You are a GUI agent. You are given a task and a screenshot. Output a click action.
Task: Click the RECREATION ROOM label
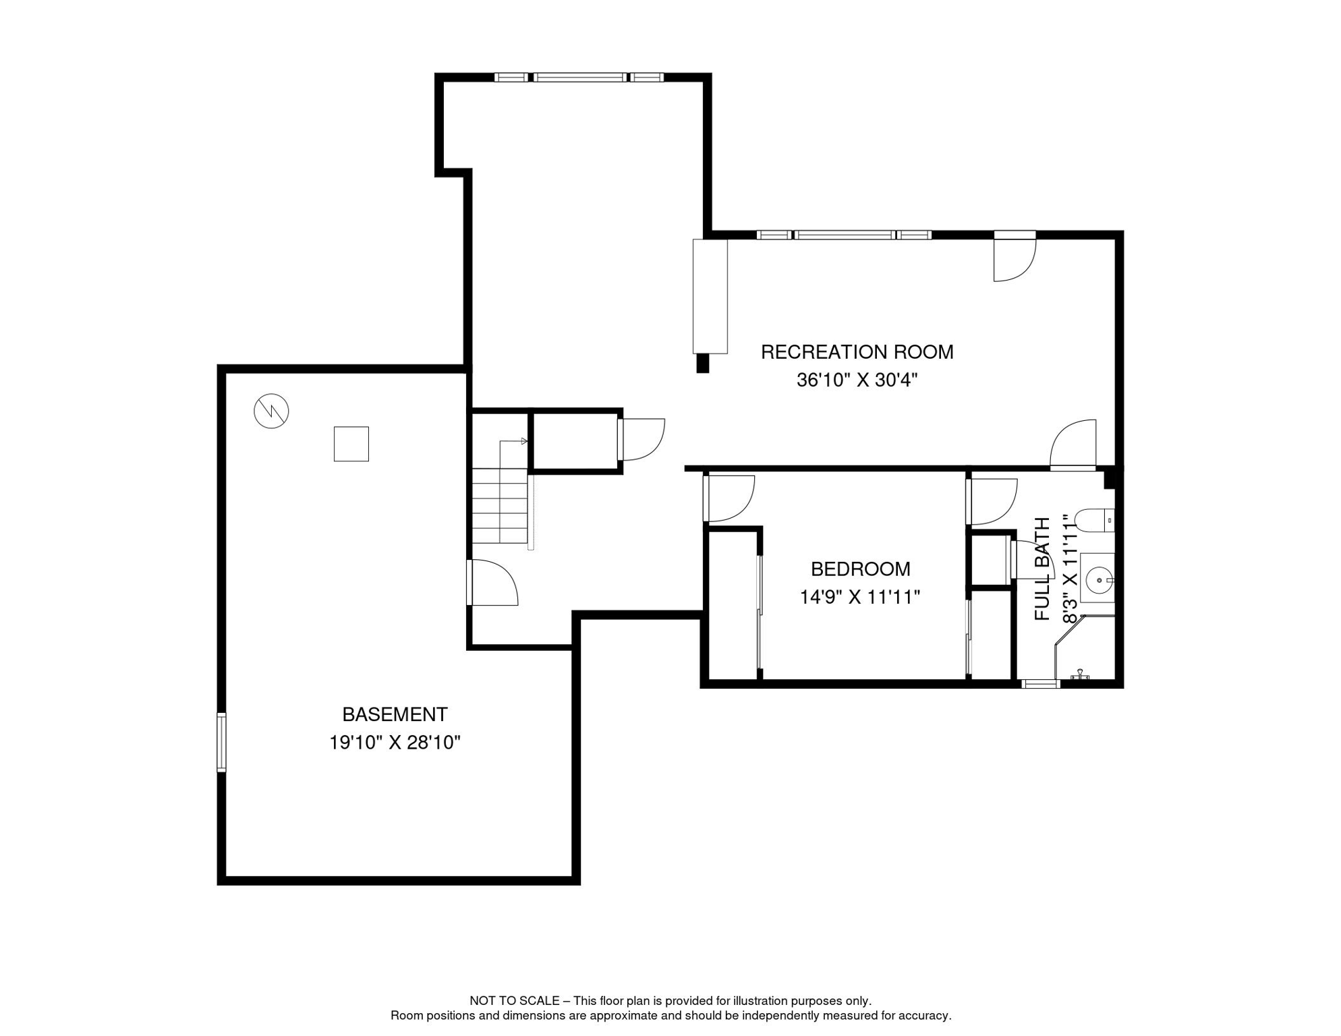point(857,352)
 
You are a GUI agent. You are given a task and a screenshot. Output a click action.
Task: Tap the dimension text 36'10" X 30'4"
point(857,380)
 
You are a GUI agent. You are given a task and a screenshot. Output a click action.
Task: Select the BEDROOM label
point(860,569)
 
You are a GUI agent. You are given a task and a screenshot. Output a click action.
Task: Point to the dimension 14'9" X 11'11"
point(860,598)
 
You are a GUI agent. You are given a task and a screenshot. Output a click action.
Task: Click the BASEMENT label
point(395,714)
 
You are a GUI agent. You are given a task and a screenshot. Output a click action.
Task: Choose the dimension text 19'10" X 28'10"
point(395,743)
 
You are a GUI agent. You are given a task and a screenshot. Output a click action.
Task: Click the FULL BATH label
point(1042,569)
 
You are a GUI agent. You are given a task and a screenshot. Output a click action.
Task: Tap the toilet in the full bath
point(1093,521)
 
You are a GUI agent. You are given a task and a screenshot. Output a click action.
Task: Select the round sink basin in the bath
point(1100,579)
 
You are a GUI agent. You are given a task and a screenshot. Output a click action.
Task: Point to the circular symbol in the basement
point(271,411)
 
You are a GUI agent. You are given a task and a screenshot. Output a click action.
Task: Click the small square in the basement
point(351,444)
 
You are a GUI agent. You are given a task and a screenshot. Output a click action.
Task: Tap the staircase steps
point(499,506)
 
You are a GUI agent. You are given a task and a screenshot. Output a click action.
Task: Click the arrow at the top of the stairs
point(523,441)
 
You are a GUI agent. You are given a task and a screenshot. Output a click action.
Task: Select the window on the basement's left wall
point(221,742)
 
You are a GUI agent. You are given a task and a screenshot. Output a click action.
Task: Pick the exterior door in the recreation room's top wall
point(1014,256)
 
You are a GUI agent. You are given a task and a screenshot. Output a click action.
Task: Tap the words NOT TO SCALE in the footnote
point(514,1001)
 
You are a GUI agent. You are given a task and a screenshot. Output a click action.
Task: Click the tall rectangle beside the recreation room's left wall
point(710,296)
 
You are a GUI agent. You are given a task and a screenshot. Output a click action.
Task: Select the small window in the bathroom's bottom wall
point(1040,684)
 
